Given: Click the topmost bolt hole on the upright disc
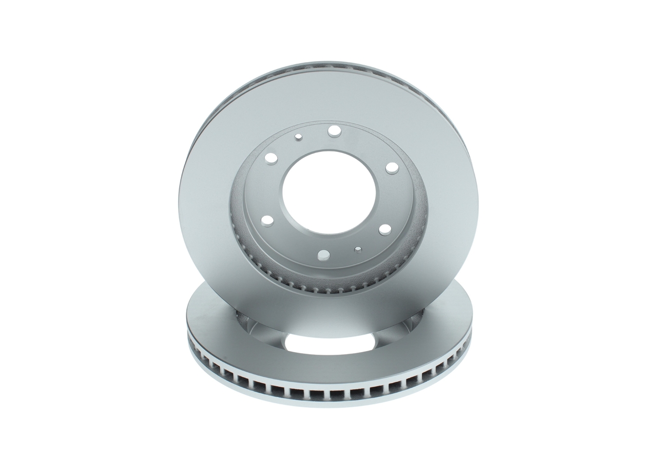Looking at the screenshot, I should click(334, 131).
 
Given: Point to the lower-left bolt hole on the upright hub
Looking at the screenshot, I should click(267, 221).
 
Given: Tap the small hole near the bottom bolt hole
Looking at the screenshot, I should click(358, 249).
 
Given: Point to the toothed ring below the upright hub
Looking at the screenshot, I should click(287, 280).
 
